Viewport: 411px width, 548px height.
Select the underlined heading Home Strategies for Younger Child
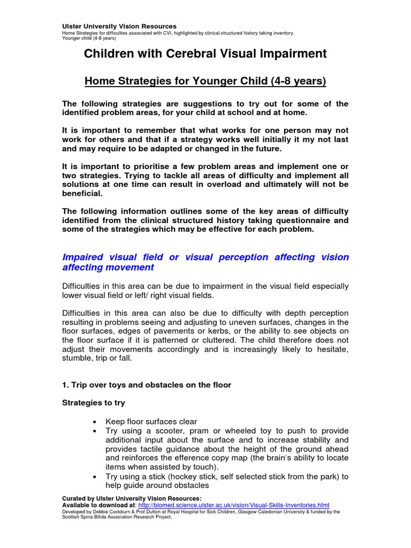point(205,81)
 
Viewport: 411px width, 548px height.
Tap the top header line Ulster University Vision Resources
point(119,26)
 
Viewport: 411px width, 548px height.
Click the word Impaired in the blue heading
point(85,257)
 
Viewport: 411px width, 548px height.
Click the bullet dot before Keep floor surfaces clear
point(95,422)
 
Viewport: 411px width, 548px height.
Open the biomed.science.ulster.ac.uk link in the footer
point(234,505)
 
